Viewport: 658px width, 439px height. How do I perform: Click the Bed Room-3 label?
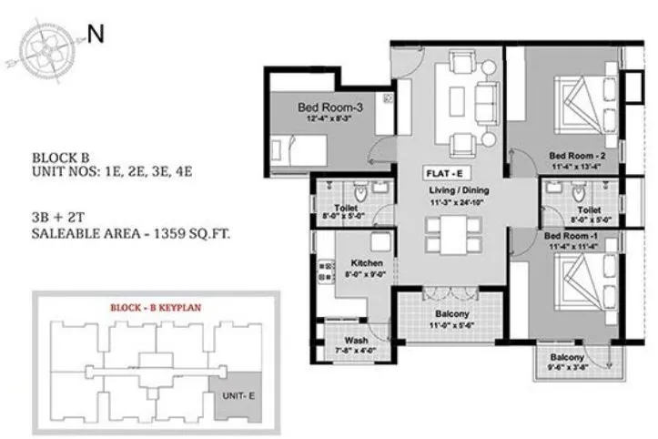(331, 107)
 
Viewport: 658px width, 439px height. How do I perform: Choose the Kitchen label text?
(366, 263)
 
